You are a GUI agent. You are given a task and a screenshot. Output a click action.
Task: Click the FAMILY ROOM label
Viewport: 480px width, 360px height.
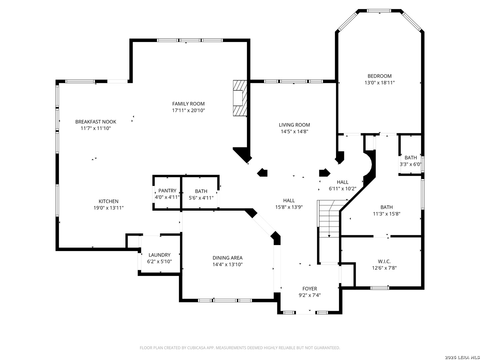click(x=188, y=104)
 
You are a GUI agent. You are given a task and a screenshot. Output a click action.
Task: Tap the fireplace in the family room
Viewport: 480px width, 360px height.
click(x=240, y=98)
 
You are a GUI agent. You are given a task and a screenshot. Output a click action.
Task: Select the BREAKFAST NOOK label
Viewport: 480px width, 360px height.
click(x=96, y=122)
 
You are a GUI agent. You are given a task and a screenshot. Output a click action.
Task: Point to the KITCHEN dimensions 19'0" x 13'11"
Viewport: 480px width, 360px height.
click(x=108, y=208)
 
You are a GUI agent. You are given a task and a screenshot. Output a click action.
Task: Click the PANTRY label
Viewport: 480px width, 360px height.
click(x=167, y=191)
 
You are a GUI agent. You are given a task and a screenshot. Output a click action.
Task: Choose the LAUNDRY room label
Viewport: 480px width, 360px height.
click(x=159, y=255)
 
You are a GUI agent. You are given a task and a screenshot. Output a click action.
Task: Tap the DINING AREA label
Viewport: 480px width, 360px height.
click(x=227, y=258)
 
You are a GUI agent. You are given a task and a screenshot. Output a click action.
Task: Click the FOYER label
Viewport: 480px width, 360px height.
click(x=310, y=289)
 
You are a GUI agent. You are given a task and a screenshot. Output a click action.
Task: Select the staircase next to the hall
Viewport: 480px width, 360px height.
click(x=329, y=219)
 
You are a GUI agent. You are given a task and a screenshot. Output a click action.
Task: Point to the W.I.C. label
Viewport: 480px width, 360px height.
click(x=384, y=261)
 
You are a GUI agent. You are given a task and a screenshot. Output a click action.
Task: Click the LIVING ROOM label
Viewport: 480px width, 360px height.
click(x=294, y=125)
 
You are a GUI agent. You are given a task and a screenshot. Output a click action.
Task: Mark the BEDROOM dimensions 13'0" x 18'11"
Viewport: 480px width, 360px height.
click(x=379, y=83)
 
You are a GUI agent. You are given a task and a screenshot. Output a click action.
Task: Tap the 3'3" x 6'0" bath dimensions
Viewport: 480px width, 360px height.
click(x=410, y=164)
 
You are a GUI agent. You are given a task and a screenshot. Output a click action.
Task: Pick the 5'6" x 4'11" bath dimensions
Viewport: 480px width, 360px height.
click(x=201, y=198)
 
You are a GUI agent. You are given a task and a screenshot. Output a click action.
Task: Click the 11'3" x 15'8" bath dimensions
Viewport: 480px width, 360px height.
click(x=386, y=214)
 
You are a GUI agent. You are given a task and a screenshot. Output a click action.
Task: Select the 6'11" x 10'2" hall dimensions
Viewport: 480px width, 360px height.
click(x=342, y=189)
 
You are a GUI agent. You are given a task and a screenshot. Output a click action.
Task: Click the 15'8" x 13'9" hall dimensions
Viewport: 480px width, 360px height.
click(x=289, y=207)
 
